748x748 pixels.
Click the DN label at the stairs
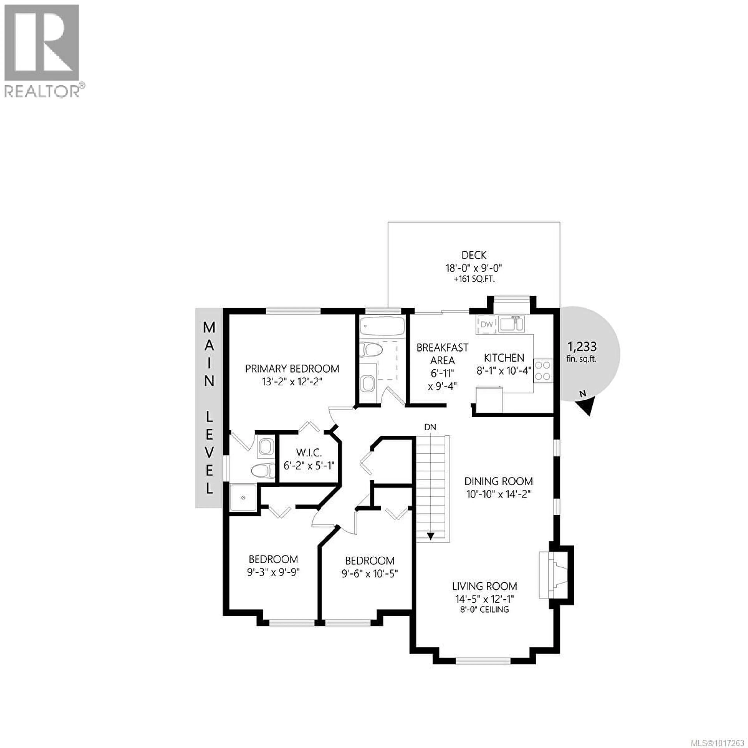430,427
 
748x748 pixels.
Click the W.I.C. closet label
309,452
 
